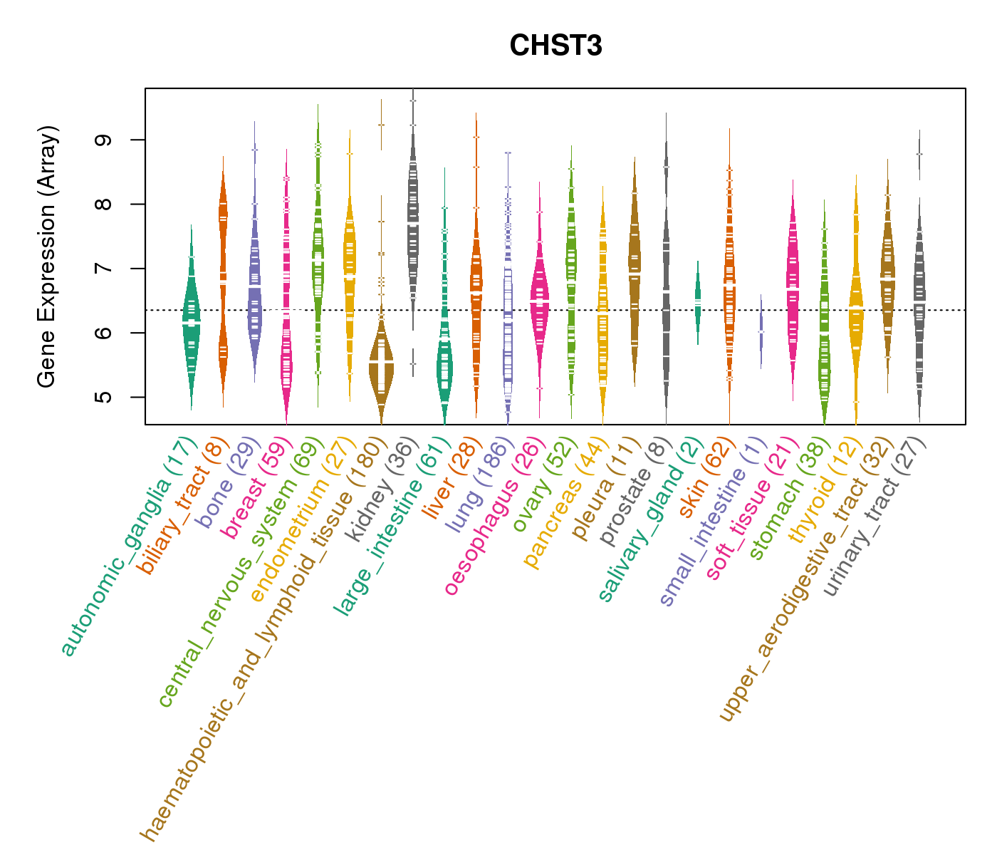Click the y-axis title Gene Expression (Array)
(x=47, y=256)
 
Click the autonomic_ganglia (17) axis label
(x=127, y=547)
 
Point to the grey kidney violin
(x=413, y=221)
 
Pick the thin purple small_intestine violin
(x=761, y=331)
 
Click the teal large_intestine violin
(x=444, y=363)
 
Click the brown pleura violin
(x=635, y=271)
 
